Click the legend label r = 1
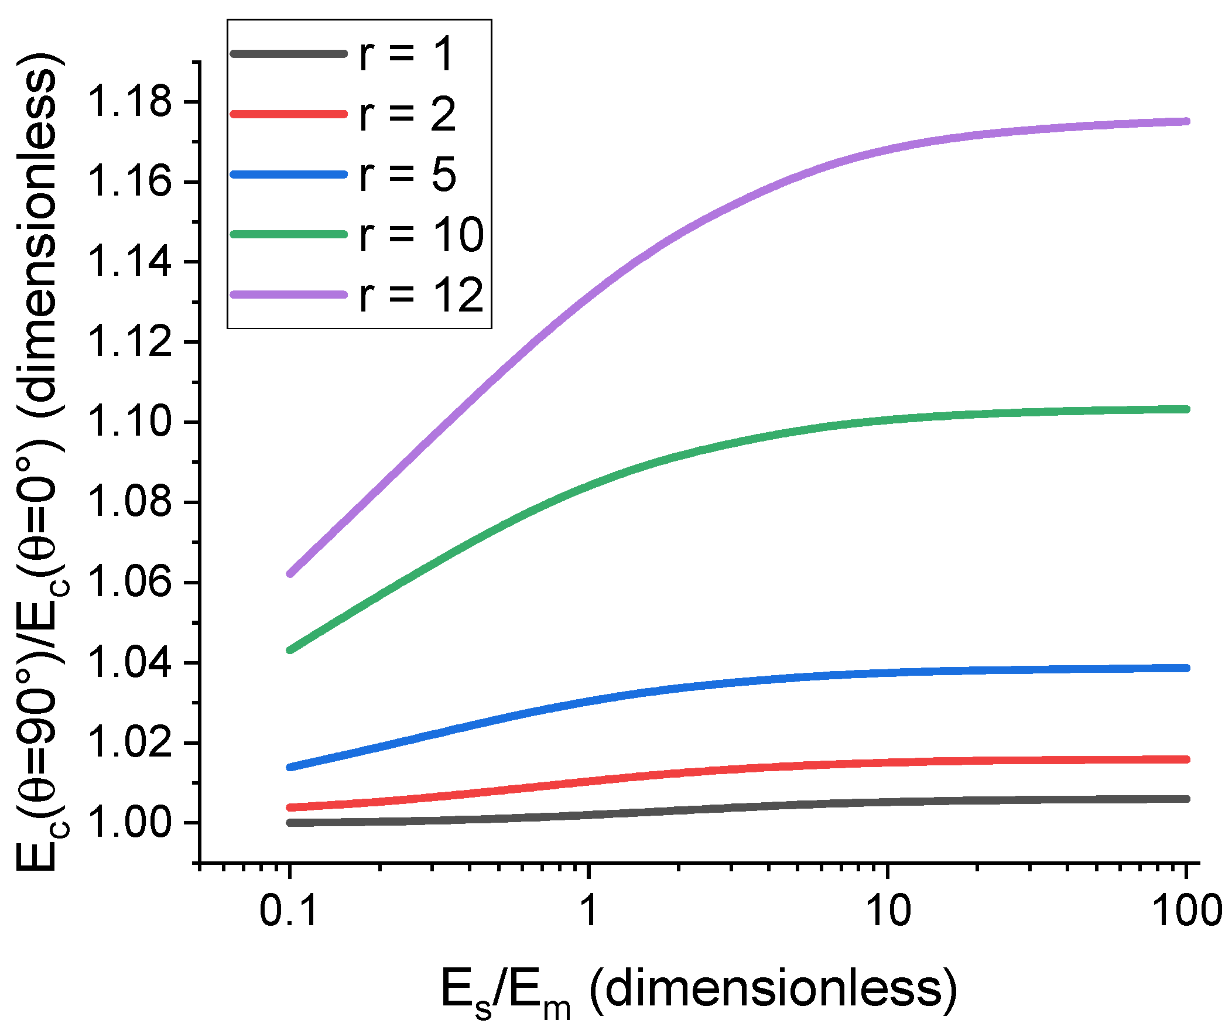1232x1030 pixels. (x=406, y=54)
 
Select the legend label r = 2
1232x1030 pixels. (x=407, y=114)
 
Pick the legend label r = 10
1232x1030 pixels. (x=421, y=235)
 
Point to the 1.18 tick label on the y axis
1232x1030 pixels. (x=129, y=101)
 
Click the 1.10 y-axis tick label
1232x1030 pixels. (x=129, y=422)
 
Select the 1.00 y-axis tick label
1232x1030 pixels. (x=129, y=823)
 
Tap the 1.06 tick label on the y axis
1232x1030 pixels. (x=129, y=583)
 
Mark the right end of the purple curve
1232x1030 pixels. (x=1186, y=121)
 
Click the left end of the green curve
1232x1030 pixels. (x=290, y=650)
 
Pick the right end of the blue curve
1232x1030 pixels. (x=1186, y=668)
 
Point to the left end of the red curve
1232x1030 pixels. (x=290, y=807)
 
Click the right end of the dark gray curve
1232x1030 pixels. (x=1186, y=799)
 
